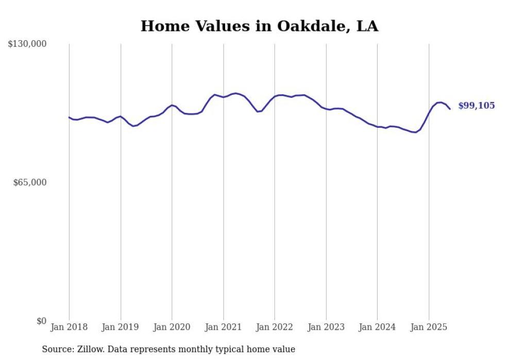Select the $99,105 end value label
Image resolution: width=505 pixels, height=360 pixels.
point(476,106)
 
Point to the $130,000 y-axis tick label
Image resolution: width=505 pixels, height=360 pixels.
point(27,44)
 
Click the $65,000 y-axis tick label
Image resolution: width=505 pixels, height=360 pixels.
point(29,182)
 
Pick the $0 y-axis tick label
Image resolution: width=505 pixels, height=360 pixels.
point(41,321)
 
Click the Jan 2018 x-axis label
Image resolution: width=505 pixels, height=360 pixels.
point(69,327)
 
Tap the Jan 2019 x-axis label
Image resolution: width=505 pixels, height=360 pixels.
point(121,327)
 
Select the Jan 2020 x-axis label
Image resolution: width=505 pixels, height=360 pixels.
point(172,327)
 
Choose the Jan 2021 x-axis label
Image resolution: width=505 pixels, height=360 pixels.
point(223,327)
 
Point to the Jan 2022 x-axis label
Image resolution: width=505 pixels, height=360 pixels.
point(275,327)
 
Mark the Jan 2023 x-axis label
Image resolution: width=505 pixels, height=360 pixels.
point(326,327)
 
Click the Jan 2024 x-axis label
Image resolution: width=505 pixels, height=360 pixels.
point(378,327)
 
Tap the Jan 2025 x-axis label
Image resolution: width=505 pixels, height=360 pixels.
point(429,327)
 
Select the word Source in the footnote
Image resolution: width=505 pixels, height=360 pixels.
point(57,349)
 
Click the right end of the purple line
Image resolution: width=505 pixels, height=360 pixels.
point(450,109)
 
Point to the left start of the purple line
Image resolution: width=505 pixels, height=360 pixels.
point(69,117)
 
